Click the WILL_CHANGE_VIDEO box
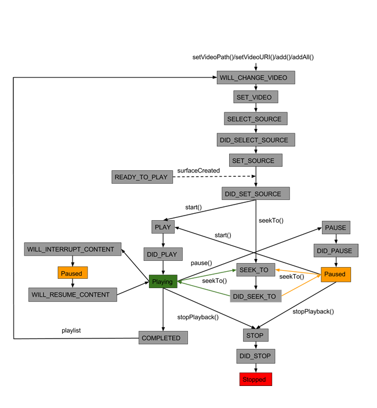(253, 78)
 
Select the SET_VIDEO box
(254, 97)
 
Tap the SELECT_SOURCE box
(254, 119)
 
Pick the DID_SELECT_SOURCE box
(253, 140)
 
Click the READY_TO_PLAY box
(142, 177)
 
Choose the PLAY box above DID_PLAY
(163, 227)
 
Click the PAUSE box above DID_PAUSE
(336, 228)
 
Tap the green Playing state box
(162, 282)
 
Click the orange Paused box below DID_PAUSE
(335, 274)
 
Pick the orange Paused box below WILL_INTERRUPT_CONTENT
(71, 273)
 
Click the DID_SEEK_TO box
(255, 296)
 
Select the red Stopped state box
(255, 380)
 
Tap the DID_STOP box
(255, 356)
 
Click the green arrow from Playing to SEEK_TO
(206, 276)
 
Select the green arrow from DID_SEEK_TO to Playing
(204, 289)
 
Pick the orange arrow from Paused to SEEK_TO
(298, 271)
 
